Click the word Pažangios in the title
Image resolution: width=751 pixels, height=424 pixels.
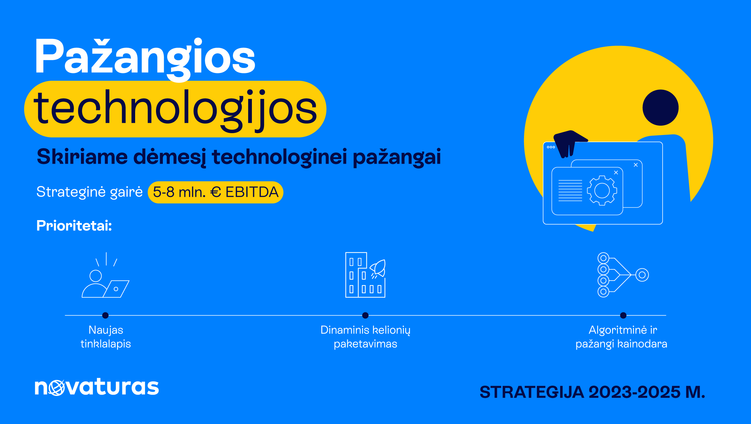(145, 59)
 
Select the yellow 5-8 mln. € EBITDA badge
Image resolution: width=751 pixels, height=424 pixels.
(215, 192)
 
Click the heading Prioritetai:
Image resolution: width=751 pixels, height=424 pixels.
(74, 225)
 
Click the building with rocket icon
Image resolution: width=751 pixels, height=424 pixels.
(366, 275)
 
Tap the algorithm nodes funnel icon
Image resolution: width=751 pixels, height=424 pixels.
(623, 275)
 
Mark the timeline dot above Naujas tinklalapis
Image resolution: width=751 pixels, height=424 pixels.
(105, 316)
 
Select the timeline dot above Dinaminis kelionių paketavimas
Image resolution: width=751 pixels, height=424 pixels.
(366, 316)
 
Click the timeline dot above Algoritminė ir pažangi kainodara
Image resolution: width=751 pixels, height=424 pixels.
(623, 316)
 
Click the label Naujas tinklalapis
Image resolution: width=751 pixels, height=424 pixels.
(106, 337)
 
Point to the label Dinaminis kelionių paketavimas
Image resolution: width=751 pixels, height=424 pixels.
(366, 337)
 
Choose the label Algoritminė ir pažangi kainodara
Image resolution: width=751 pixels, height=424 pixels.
(621, 337)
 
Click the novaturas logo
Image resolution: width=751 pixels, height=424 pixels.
(97, 387)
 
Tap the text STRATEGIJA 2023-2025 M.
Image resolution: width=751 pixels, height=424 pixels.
(592, 392)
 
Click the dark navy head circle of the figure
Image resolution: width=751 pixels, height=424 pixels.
(660, 108)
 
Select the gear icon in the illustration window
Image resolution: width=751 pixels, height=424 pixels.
(602, 190)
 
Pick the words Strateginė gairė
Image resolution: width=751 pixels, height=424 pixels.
(90, 192)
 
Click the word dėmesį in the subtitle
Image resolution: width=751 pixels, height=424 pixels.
(170, 157)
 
